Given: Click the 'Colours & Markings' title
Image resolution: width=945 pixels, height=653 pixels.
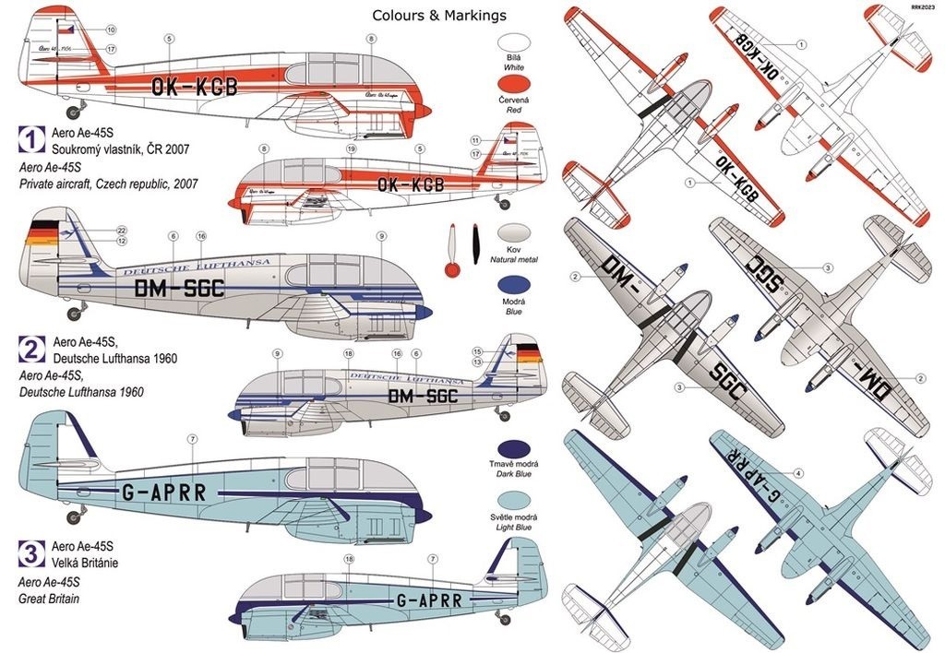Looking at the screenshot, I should (438, 15).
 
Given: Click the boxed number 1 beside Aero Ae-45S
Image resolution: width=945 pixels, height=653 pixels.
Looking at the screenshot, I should (31, 140).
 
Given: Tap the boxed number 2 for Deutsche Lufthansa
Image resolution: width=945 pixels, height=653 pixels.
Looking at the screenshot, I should (31, 349).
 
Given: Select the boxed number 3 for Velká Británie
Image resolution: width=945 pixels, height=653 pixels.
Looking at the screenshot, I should (31, 553).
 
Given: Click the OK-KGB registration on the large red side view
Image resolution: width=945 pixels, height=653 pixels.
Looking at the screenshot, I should (195, 88).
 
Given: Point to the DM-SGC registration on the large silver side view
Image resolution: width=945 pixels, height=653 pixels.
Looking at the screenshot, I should (179, 290).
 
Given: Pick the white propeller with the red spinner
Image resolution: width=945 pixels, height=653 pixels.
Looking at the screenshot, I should (452, 251).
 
